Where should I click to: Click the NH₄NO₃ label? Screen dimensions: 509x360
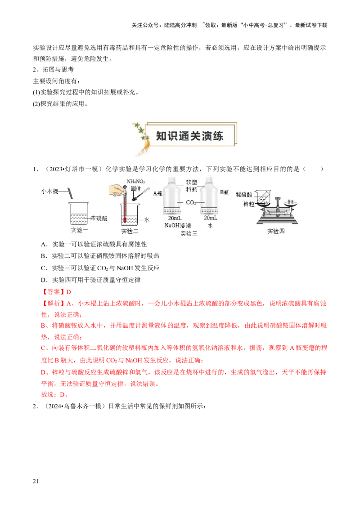(x=135, y=181)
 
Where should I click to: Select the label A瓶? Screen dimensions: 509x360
(x=157, y=193)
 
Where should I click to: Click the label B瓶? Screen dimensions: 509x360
(x=225, y=192)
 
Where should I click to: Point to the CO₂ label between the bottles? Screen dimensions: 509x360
(x=191, y=203)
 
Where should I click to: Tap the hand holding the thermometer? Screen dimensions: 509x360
(x=118, y=188)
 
